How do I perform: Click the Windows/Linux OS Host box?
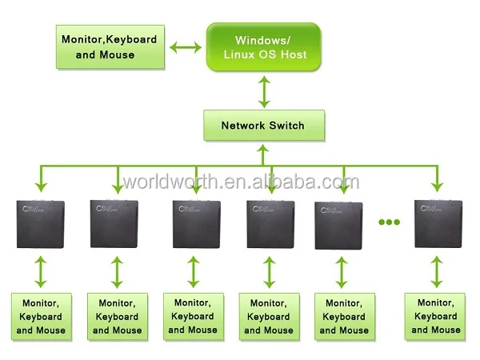263,46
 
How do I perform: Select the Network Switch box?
263,126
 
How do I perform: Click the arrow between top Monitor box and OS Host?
187,47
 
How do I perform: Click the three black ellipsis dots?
388,222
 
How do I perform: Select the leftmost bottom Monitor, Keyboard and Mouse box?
41,316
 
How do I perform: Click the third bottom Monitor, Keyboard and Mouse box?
193,316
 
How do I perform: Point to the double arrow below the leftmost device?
42,272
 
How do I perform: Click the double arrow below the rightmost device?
436,272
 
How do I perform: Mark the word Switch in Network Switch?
285,126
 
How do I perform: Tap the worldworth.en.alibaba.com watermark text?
240,183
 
